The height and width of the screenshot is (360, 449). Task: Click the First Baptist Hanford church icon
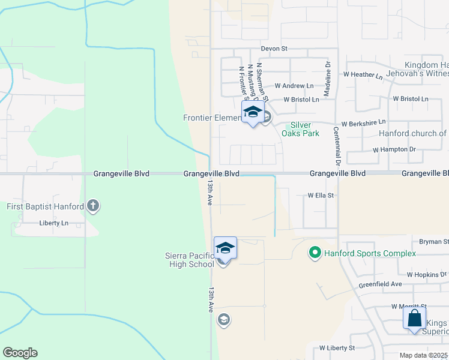tap(92, 206)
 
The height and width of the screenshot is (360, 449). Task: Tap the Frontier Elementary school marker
tap(253, 112)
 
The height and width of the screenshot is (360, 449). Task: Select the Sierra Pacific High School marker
tap(225, 248)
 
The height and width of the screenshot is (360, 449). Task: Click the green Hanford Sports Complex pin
tap(313, 253)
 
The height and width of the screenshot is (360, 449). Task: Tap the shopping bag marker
tap(415, 318)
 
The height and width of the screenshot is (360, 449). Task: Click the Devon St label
tap(274, 49)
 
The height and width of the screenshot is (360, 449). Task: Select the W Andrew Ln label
tap(294, 86)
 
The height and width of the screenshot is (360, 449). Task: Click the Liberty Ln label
tap(54, 223)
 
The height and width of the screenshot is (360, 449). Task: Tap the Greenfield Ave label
tap(380, 284)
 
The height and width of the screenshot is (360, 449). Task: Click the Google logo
tap(20, 352)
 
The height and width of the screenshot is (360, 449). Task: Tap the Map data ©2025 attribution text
tap(424, 355)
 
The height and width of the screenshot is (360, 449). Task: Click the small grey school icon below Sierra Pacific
tap(223, 319)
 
